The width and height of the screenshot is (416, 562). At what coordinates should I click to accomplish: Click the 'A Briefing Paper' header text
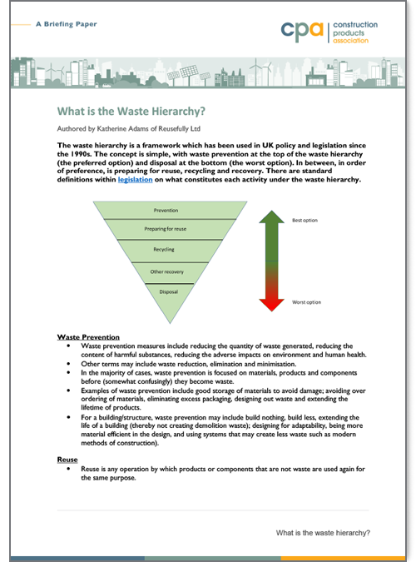point(67,25)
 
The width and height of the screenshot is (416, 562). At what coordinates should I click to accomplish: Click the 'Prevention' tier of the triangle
point(166,211)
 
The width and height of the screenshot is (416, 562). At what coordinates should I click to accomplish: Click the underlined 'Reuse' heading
point(67,460)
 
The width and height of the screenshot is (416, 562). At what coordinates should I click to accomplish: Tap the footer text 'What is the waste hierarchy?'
point(322,533)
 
